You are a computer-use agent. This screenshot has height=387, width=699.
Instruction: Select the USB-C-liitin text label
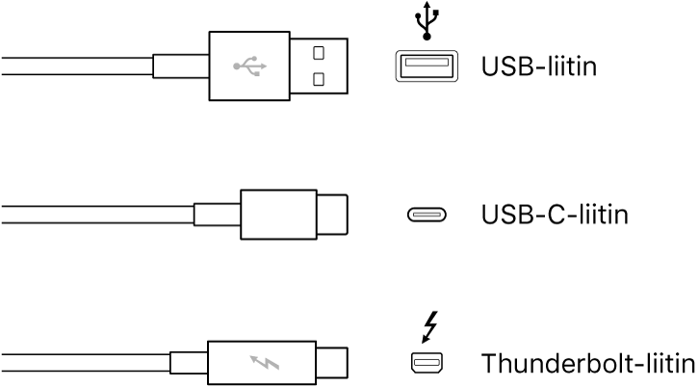[x=554, y=214]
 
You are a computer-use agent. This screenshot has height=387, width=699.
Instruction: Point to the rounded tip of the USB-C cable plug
[x=333, y=215]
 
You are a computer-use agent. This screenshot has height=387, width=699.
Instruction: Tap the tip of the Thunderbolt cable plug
[x=333, y=364]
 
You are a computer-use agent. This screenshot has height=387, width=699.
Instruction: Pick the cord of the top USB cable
[x=77, y=66]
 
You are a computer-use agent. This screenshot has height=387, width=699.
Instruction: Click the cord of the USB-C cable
[x=96, y=215]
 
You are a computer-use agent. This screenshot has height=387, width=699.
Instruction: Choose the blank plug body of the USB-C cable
[x=279, y=215]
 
